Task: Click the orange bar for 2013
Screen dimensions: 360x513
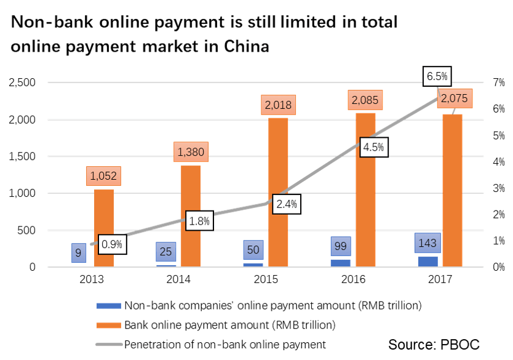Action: (x=103, y=228)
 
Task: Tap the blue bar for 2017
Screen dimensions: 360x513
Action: (x=427, y=262)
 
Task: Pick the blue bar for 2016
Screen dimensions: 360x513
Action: (x=340, y=263)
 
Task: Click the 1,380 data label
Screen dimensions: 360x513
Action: (x=191, y=150)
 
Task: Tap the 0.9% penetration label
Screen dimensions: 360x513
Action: (x=112, y=244)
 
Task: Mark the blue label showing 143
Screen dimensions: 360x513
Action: (x=427, y=242)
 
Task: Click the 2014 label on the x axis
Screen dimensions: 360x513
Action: (x=178, y=280)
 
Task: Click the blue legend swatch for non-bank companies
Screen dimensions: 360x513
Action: (x=108, y=305)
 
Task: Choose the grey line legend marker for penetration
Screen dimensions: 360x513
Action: (x=108, y=344)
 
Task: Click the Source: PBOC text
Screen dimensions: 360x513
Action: (x=434, y=344)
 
